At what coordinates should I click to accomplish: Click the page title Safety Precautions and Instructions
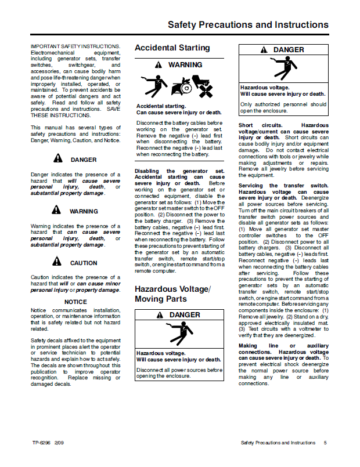[248, 25]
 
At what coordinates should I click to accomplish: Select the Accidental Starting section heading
[172, 48]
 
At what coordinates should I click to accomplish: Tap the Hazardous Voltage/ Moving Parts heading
[172, 294]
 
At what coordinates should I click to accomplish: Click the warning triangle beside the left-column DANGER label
[57, 158]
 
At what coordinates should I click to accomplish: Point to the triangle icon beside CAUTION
[57, 262]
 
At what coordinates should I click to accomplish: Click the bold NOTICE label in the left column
[75, 302]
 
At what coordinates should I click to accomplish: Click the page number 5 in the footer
[325, 443]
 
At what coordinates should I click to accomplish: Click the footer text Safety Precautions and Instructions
[278, 443]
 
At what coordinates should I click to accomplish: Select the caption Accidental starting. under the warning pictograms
[161, 106]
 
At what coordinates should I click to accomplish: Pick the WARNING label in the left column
[84, 211]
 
